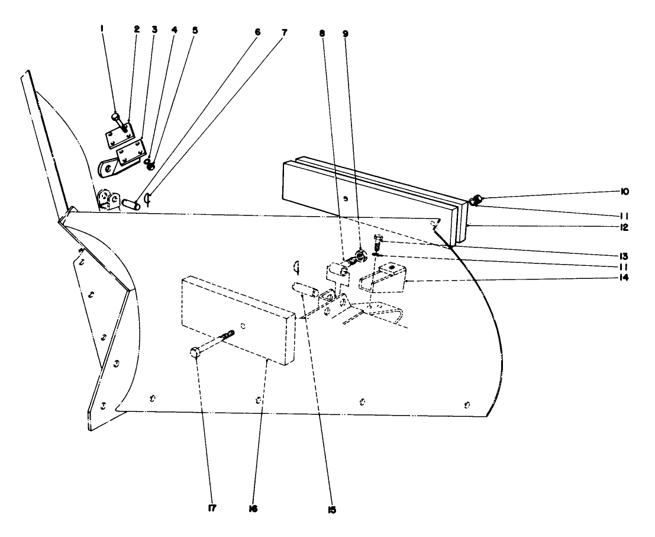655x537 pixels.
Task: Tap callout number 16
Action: (255, 509)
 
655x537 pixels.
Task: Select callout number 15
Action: (332, 509)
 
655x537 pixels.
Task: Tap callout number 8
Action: (322, 34)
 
